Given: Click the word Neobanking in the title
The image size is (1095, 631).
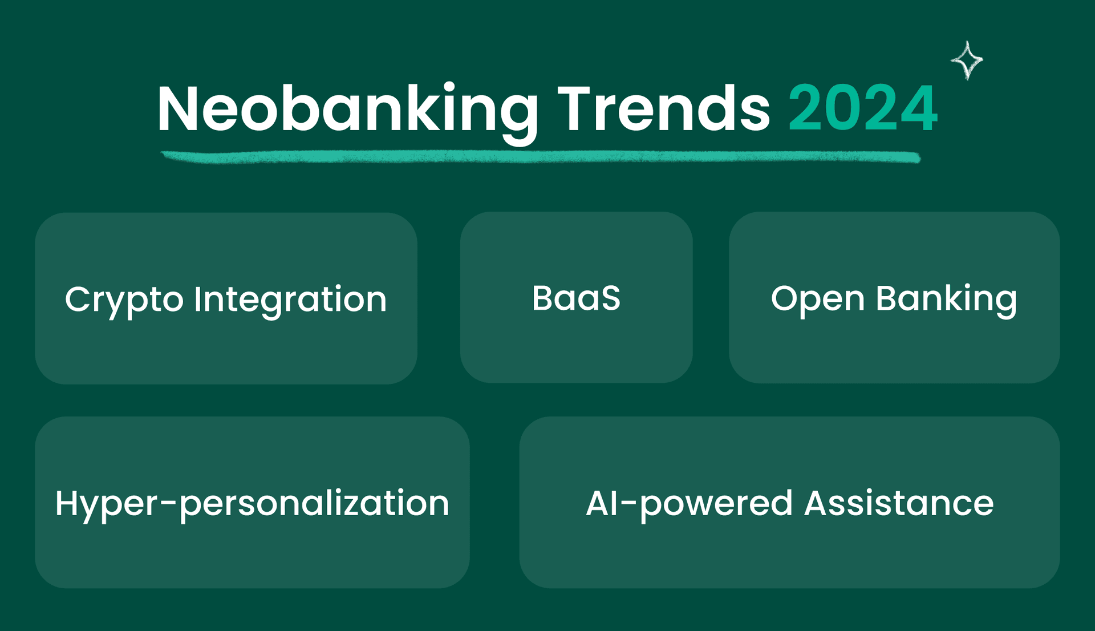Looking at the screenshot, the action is point(347,112).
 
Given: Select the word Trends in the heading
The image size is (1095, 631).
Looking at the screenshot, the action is point(663,108).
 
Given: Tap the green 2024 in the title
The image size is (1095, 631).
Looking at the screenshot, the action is point(863,108).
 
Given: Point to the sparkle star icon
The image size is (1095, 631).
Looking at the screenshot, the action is point(967,60).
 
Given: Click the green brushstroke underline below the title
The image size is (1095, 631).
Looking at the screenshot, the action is point(541,156).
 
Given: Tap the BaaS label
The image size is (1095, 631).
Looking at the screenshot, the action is point(576,298).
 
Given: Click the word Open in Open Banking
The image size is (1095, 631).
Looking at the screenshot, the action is point(818,300).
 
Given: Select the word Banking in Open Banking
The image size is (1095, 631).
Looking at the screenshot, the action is point(947,300).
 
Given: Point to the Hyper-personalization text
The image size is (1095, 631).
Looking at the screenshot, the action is point(252,504).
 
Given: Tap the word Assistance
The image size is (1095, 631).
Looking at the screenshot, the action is point(899,503).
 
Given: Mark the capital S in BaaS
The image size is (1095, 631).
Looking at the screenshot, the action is point(610,298).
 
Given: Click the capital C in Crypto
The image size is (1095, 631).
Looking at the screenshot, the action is point(78,299).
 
